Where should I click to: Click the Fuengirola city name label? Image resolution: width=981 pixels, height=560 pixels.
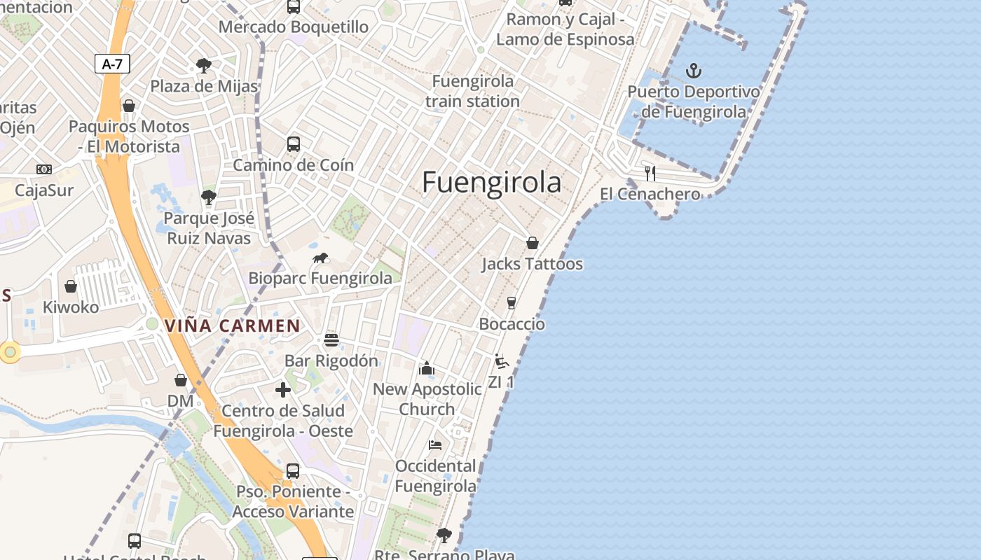pyautogui.click(x=491, y=183)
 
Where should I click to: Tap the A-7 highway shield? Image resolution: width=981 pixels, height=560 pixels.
pyautogui.click(x=112, y=64)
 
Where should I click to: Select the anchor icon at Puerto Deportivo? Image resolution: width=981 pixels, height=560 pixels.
pyautogui.click(x=693, y=71)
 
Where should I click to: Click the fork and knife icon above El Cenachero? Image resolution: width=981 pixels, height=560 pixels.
pyautogui.click(x=650, y=173)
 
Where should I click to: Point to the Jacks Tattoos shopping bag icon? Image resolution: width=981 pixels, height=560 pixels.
pyautogui.click(x=532, y=243)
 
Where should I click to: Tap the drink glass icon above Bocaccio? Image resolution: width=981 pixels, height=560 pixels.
pyautogui.click(x=511, y=302)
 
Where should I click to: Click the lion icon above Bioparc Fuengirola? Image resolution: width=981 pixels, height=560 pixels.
pyautogui.click(x=320, y=258)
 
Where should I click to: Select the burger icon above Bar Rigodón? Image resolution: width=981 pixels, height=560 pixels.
pyautogui.click(x=331, y=340)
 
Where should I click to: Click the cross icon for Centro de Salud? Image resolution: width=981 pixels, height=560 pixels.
pyautogui.click(x=283, y=390)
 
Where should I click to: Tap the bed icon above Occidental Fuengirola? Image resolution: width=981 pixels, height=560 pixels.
pyautogui.click(x=435, y=444)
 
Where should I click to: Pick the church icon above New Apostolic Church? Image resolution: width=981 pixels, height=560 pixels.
pyautogui.click(x=426, y=368)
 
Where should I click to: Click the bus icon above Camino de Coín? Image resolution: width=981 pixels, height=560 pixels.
pyautogui.click(x=293, y=144)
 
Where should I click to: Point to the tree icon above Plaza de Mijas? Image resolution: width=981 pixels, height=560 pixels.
pyautogui.click(x=204, y=66)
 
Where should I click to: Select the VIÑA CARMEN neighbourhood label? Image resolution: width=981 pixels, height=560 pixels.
pyautogui.click(x=232, y=325)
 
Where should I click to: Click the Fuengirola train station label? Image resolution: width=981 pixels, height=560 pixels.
pyautogui.click(x=473, y=91)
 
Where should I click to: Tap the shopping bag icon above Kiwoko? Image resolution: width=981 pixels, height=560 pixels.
pyautogui.click(x=71, y=286)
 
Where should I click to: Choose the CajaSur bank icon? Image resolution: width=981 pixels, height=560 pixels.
pyautogui.click(x=44, y=169)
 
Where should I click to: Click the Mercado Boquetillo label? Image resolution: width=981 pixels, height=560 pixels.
pyautogui.click(x=294, y=27)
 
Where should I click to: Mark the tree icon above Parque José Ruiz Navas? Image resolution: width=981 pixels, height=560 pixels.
pyautogui.click(x=208, y=197)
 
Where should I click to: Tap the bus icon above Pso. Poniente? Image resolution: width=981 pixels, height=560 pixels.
pyautogui.click(x=293, y=470)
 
